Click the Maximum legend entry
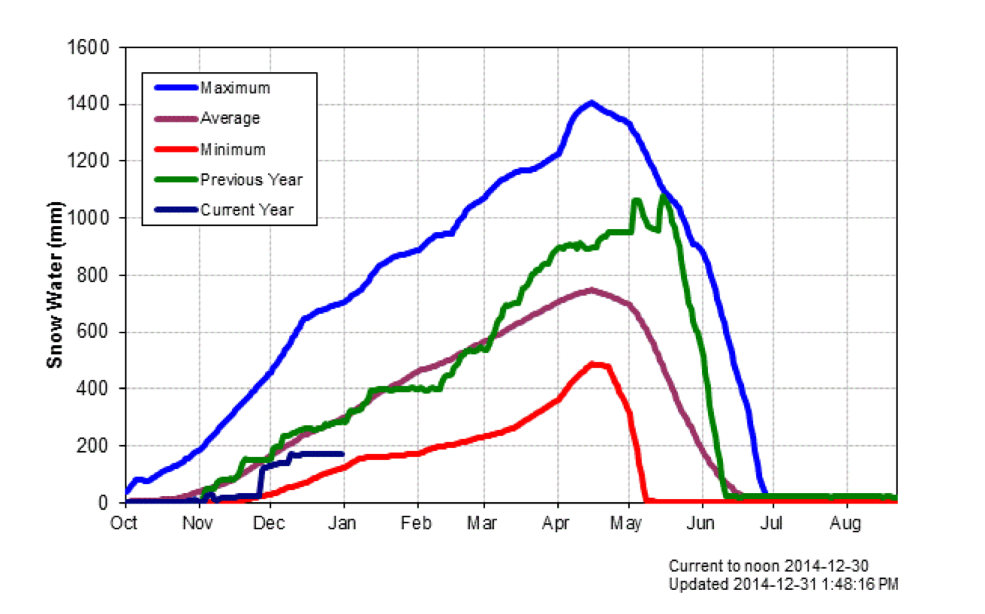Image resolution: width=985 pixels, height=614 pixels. point(235,89)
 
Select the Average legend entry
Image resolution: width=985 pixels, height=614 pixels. point(230,119)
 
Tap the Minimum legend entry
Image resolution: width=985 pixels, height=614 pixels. point(233,149)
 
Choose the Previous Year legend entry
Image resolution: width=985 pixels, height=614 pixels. point(251,180)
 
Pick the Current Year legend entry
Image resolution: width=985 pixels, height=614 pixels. point(247,210)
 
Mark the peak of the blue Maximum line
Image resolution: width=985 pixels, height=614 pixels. point(592,102)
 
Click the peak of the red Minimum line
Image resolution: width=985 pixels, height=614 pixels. point(594,364)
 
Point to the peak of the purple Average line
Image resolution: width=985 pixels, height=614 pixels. point(592,290)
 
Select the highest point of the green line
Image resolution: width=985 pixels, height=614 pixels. point(663,196)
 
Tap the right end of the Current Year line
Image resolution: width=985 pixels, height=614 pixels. point(343,453)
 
